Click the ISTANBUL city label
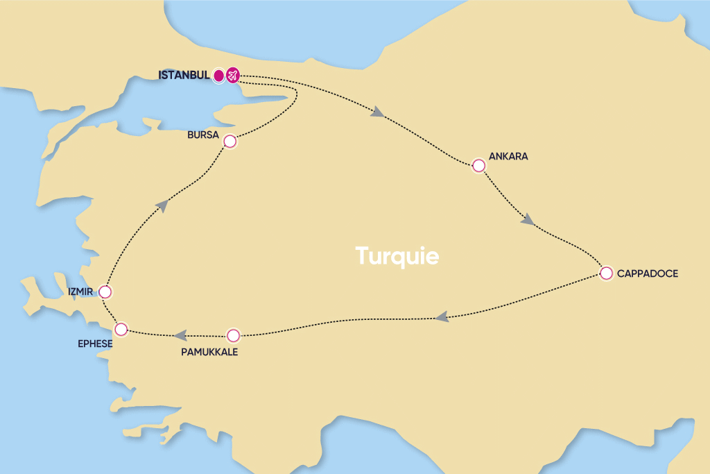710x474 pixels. coord(184,75)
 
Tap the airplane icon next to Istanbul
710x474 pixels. coord(232,75)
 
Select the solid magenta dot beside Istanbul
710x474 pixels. coord(218,75)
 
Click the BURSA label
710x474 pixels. coord(203,134)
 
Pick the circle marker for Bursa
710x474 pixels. coord(230,142)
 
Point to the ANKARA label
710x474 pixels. coord(508,156)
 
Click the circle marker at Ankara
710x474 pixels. coord(478,165)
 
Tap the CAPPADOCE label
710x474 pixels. coord(648,273)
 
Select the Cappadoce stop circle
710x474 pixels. coord(606,273)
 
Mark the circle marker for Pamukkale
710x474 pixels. coord(233,335)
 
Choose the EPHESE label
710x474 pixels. coord(95,342)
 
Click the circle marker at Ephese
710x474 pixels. coord(121,328)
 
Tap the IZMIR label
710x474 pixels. coord(80,291)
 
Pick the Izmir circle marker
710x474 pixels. coord(105,291)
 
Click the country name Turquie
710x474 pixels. coord(397,255)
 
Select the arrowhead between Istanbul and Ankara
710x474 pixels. coord(378,112)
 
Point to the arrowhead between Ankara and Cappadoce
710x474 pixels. coord(528,220)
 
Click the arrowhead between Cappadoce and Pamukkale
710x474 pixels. coord(441,317)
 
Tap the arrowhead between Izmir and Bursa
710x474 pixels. coord(162,204)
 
